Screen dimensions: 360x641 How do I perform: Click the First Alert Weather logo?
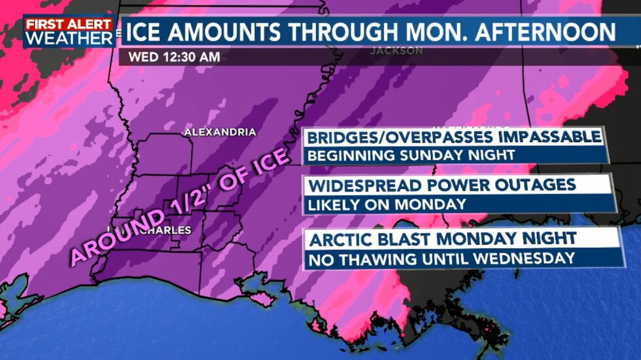point(68,31)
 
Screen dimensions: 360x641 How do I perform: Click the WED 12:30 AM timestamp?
point(173,56)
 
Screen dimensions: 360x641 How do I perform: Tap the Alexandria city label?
point(220,132)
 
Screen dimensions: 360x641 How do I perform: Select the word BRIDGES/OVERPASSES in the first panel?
point(400,137)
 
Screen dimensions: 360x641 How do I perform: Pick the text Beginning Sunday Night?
point(411,156)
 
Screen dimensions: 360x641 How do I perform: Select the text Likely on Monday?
point(387,204)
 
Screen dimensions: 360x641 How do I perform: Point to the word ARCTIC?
point(340,238)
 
